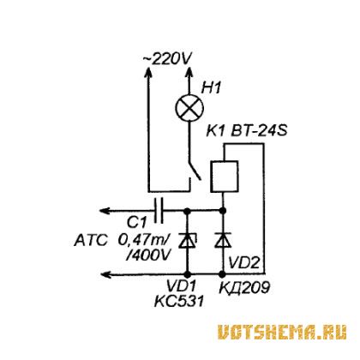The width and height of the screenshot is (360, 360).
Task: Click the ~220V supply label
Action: pyautogui.click(x=167, y=59)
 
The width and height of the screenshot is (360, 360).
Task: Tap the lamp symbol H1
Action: pyautogui.click(x=189, y=108)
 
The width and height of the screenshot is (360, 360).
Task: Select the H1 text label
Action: pyautogui.click(x=211, y=87)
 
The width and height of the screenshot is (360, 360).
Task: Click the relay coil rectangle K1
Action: pyautogui.click(x=224, y=177)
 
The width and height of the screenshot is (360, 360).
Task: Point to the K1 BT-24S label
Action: pyautogui.click(x=246, y=131)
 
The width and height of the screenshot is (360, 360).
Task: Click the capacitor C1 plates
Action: pyautogui.click(x=159, y=211)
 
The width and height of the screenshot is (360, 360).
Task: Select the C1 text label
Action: pyautogui.click(x=136, y=222)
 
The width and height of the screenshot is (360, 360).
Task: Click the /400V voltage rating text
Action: pyautogui.click(x=148, y=255)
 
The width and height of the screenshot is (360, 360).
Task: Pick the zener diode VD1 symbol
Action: pyautogui.click(x=188, y=240)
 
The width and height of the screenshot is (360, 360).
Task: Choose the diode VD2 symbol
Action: pyautogui.click(x=223, y=240)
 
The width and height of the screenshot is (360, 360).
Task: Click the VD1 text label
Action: pyautogui.click(x=181, y=285)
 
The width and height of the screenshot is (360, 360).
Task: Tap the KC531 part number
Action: pyautogui.click(x=179, y=301)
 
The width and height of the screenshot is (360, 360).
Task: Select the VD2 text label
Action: pyautogui.click(x=244, y=263)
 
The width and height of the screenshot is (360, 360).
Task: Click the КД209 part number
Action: pyautogui.click(x=244, y=287)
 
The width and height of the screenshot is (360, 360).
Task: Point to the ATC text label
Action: pyautogui.click(x=91, y=240)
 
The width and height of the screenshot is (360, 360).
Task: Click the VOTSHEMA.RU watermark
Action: pyautogui.click(x=282, y=333)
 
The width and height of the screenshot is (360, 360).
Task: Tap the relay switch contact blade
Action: pyautogui.click(x=195, y=171)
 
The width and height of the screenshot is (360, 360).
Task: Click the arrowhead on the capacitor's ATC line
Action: pyautogui.click(x=105, y=211)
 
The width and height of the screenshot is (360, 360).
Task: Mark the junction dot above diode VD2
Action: pyautogui.click(x=223, y=211)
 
